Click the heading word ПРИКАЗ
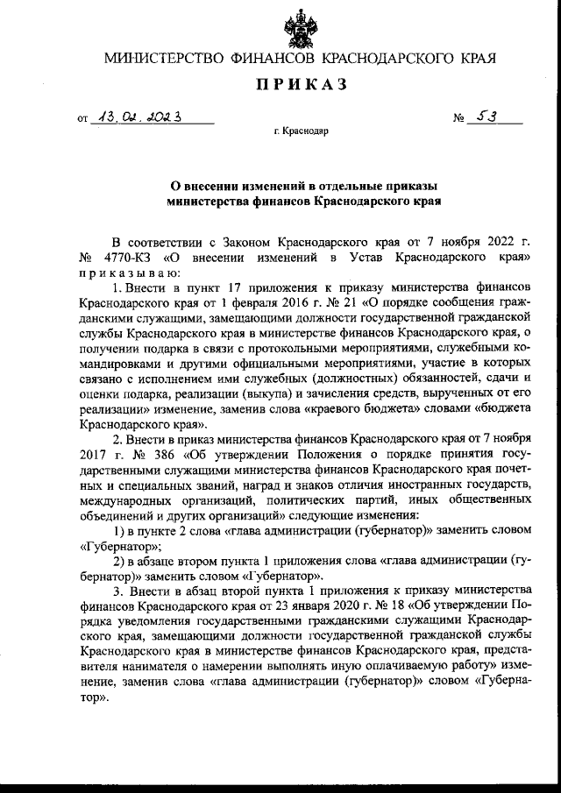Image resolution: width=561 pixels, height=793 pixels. click(x=301, y=84)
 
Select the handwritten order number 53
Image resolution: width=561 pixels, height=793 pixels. click(x=482, y=117)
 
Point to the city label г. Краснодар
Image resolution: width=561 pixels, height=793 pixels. click(x=301, y=132)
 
